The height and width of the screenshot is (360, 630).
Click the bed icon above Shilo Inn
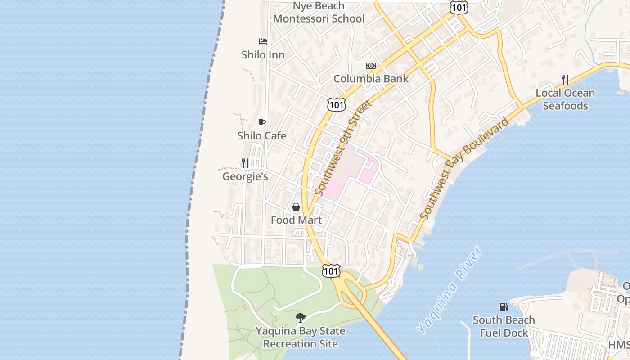[x=263, y=41]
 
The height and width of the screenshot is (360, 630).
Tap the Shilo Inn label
[x=263, y=55]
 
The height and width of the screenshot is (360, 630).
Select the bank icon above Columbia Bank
[x=371, y=66]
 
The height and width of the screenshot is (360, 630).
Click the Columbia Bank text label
[x=371, y=79]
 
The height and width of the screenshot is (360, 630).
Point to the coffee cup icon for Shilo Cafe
[x=262, y=122]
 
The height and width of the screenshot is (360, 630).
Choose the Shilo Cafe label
[x=262, y=136]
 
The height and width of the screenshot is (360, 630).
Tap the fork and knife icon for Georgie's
[x=245, y=163]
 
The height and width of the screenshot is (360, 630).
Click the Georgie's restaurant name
[x=245, y=176]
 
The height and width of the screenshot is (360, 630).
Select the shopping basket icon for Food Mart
[x=296, y=207]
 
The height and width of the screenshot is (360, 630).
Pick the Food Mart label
[x=296, y=220]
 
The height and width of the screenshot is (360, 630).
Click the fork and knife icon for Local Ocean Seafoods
[x=565, y=80]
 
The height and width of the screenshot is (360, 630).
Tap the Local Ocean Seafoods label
[x=565, y=99]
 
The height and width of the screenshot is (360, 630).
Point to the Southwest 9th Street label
[x=344, y=148]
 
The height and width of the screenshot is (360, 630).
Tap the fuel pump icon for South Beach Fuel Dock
[x=504, y=307]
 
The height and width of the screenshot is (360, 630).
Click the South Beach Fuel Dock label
[x=504, y=326]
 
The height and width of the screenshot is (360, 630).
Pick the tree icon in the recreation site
[x=301, y=318]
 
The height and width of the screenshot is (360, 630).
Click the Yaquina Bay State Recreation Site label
[x=301, y=337]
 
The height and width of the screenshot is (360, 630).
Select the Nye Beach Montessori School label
[x=319, y=13]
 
